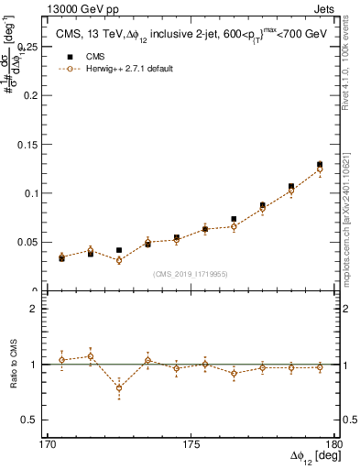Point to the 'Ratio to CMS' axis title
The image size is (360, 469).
pos(13,365)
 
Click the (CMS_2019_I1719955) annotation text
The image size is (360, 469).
pos(191,274)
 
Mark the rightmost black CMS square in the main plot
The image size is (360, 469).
pos(320,165)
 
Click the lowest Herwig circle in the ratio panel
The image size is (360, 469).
pos(119,388)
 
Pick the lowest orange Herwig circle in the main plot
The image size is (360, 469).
pos(119,260)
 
